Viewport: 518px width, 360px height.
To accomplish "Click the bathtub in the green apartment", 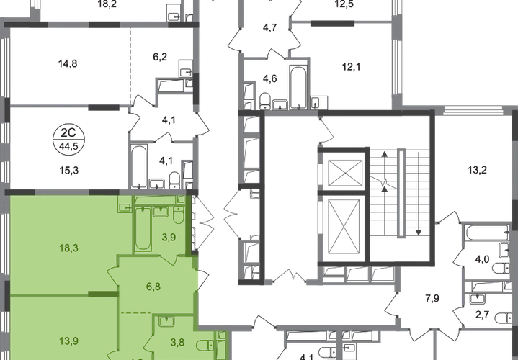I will tap(140, 226).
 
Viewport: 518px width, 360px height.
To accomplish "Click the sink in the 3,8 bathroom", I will tap(166, 321).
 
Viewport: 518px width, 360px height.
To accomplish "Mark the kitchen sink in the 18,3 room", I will tap(124, 208).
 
